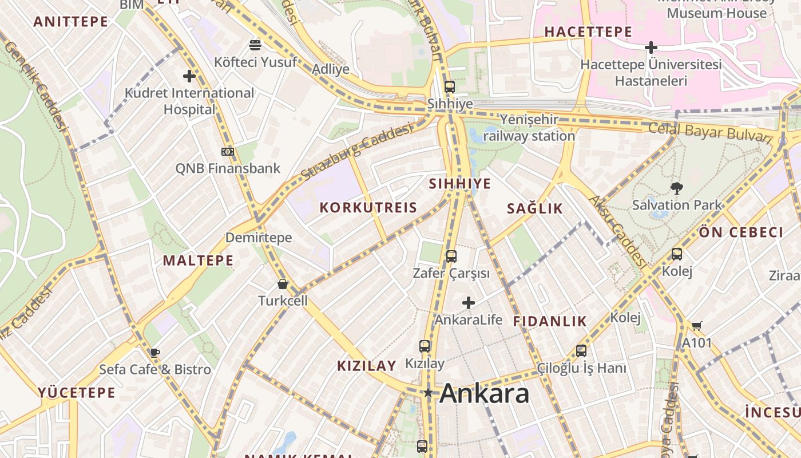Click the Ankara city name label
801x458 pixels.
tap(485, 393)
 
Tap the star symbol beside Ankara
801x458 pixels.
tap(428, 393)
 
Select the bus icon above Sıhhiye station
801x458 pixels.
tap(450, 87)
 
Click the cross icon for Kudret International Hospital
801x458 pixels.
tap(189, 76)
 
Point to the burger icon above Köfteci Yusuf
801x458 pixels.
tap(255, 45)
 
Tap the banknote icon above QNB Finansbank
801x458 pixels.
tap(227, 152)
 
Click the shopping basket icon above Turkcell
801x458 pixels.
tap(283, 284)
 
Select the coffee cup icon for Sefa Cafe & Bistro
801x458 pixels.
tap(154, 353)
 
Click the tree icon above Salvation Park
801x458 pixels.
tap(677, 187)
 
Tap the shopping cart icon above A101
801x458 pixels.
tap(696, 326)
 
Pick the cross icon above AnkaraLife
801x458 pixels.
tap(469, 302)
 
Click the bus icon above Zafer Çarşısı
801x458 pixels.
tap(451, 256)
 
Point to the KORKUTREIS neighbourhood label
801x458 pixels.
tap(368, 208)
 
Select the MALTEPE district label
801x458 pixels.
tap(198, 260)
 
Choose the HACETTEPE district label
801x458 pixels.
tap(588, 32)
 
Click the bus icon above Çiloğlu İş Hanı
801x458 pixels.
tap(581, 351)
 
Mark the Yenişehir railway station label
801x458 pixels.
tap(529, 128)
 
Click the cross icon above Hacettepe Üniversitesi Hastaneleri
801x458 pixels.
tap(651, 48)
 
